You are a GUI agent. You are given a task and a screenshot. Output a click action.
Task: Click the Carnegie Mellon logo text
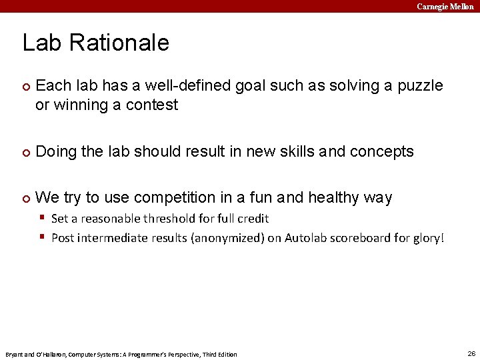tap(445, 6)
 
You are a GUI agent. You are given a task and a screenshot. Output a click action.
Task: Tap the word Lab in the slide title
tap(43, 43)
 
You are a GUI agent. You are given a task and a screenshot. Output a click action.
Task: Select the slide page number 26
tap(471, 353)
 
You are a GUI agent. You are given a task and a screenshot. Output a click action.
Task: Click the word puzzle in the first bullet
tap(418, 86)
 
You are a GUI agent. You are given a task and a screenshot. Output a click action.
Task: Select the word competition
tap(173, 198)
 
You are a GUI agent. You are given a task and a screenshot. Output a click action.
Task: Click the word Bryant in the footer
tap(14, 354)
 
